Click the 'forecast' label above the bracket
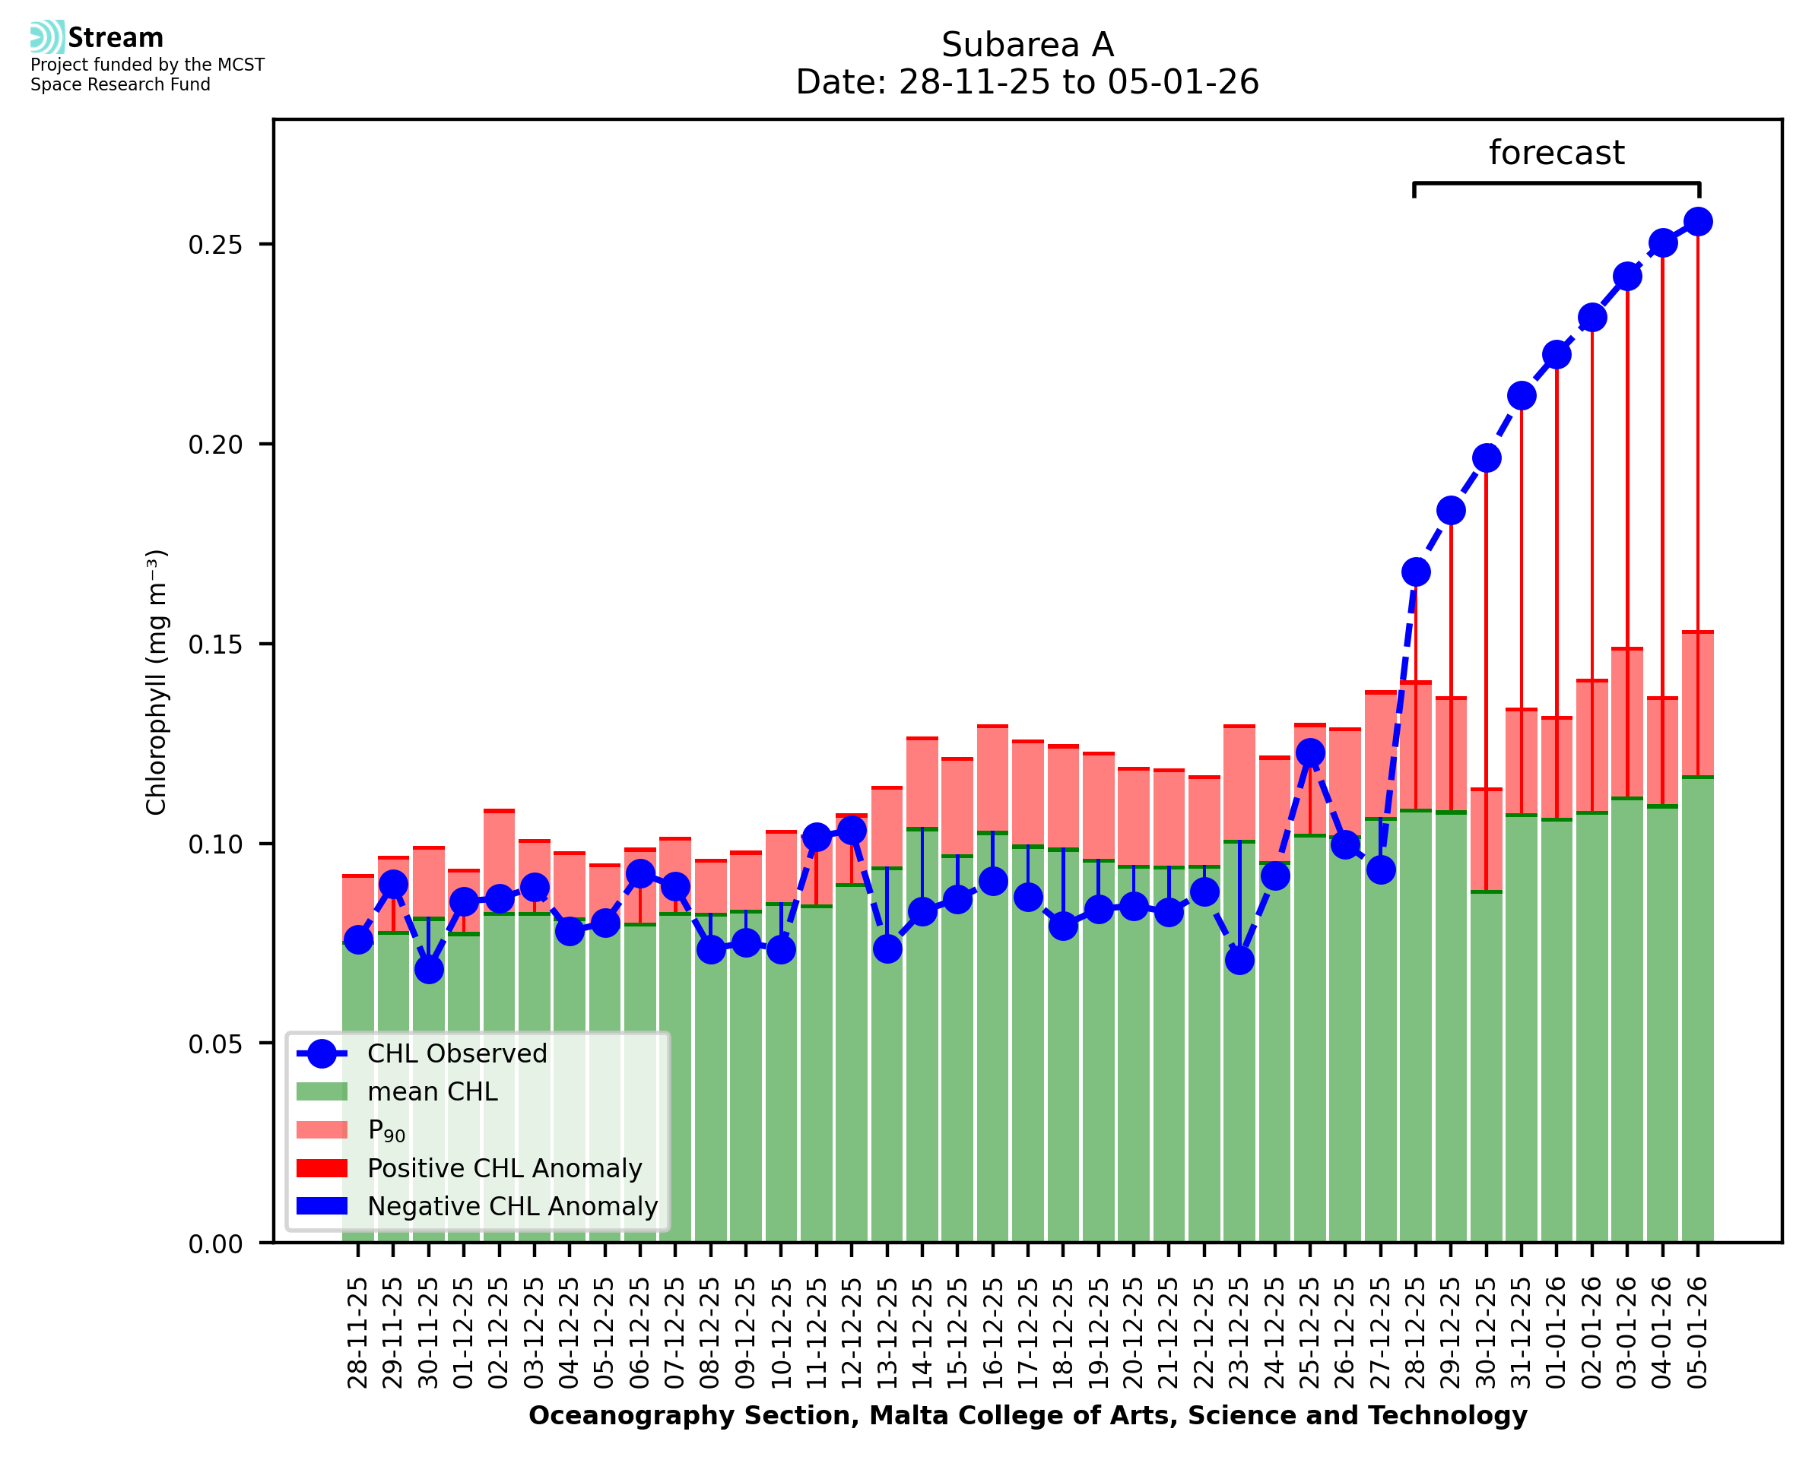click(1556, 153)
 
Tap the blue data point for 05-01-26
click(1698, 222)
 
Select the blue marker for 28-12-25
click(1416, 572)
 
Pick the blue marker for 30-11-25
click(429, 970)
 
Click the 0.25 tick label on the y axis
click(214, 245)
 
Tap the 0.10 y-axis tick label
click(214, 844)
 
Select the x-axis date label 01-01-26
click(1557, 1332)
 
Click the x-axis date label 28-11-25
click(358, 1332)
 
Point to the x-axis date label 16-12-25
click(992, 1332)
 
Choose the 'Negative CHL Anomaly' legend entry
click(513, 1206)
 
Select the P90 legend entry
click(386, 1130)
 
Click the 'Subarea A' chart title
click(1027, 45)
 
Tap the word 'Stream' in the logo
click(116, 38)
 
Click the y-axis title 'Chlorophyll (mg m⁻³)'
click(157, 682)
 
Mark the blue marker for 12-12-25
click(852, 831)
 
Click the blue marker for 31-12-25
click(1521, 395)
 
